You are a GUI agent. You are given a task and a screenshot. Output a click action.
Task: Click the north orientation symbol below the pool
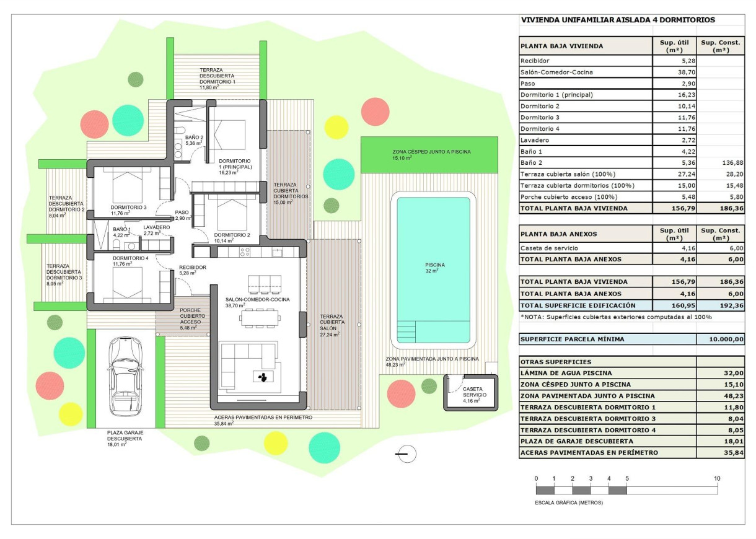click(x=407, y=455)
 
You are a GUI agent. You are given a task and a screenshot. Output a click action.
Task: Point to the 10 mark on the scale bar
click(x=717, y=479)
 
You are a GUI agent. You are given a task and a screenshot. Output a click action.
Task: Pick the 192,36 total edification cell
click(x=720, y=305)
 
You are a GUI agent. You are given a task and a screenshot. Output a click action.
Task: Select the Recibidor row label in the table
click(x=535, y=61)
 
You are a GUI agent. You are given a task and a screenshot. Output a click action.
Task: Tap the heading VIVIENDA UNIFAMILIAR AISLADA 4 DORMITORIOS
click(x=618, y=20)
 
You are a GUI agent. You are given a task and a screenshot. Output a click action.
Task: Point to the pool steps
click(x=410, y=328)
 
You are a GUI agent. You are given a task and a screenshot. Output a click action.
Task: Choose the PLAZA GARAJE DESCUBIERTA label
click(x=124, y=435)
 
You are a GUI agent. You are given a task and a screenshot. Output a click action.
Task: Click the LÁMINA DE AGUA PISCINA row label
click(x=566, y=373)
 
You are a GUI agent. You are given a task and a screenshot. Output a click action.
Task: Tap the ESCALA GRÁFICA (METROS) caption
click(x=569, y=502)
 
